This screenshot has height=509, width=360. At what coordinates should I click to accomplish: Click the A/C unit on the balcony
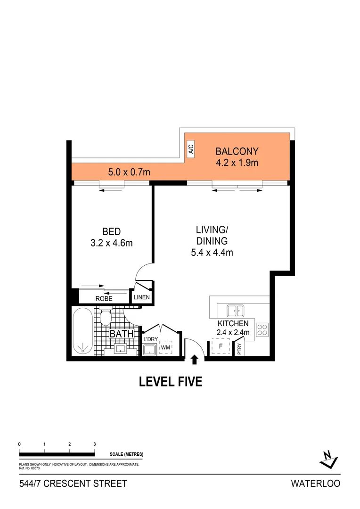pos(191,149)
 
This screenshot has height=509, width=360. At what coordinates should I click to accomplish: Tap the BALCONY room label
pos(237,151)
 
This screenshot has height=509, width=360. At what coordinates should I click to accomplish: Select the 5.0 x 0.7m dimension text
pos(129,172)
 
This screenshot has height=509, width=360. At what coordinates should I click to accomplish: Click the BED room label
pos(112,231)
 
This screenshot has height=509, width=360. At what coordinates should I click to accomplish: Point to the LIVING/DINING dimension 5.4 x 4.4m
pos(212,252)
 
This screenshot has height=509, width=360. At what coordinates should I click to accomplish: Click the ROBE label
pos(104,298)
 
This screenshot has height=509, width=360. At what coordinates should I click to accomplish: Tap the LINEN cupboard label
pos(141,297)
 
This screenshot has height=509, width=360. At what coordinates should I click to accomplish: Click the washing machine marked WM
pos(165,348)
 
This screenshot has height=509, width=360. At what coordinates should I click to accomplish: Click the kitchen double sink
pos(236,311)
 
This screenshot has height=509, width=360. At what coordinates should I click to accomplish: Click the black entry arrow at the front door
pos(194,360)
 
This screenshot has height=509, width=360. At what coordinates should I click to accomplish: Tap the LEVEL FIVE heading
pos(171,381)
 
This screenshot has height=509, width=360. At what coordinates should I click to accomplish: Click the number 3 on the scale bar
pos(95,444)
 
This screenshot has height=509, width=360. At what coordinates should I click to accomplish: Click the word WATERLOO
pos(315,484)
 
